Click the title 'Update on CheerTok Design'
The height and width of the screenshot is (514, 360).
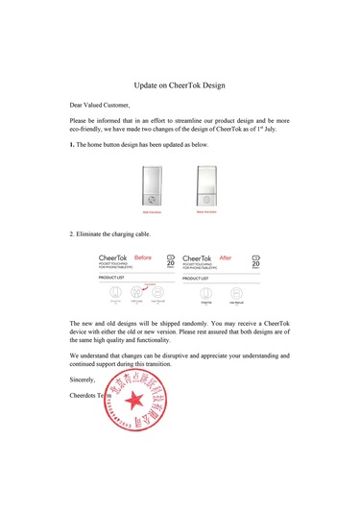(180, 85)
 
